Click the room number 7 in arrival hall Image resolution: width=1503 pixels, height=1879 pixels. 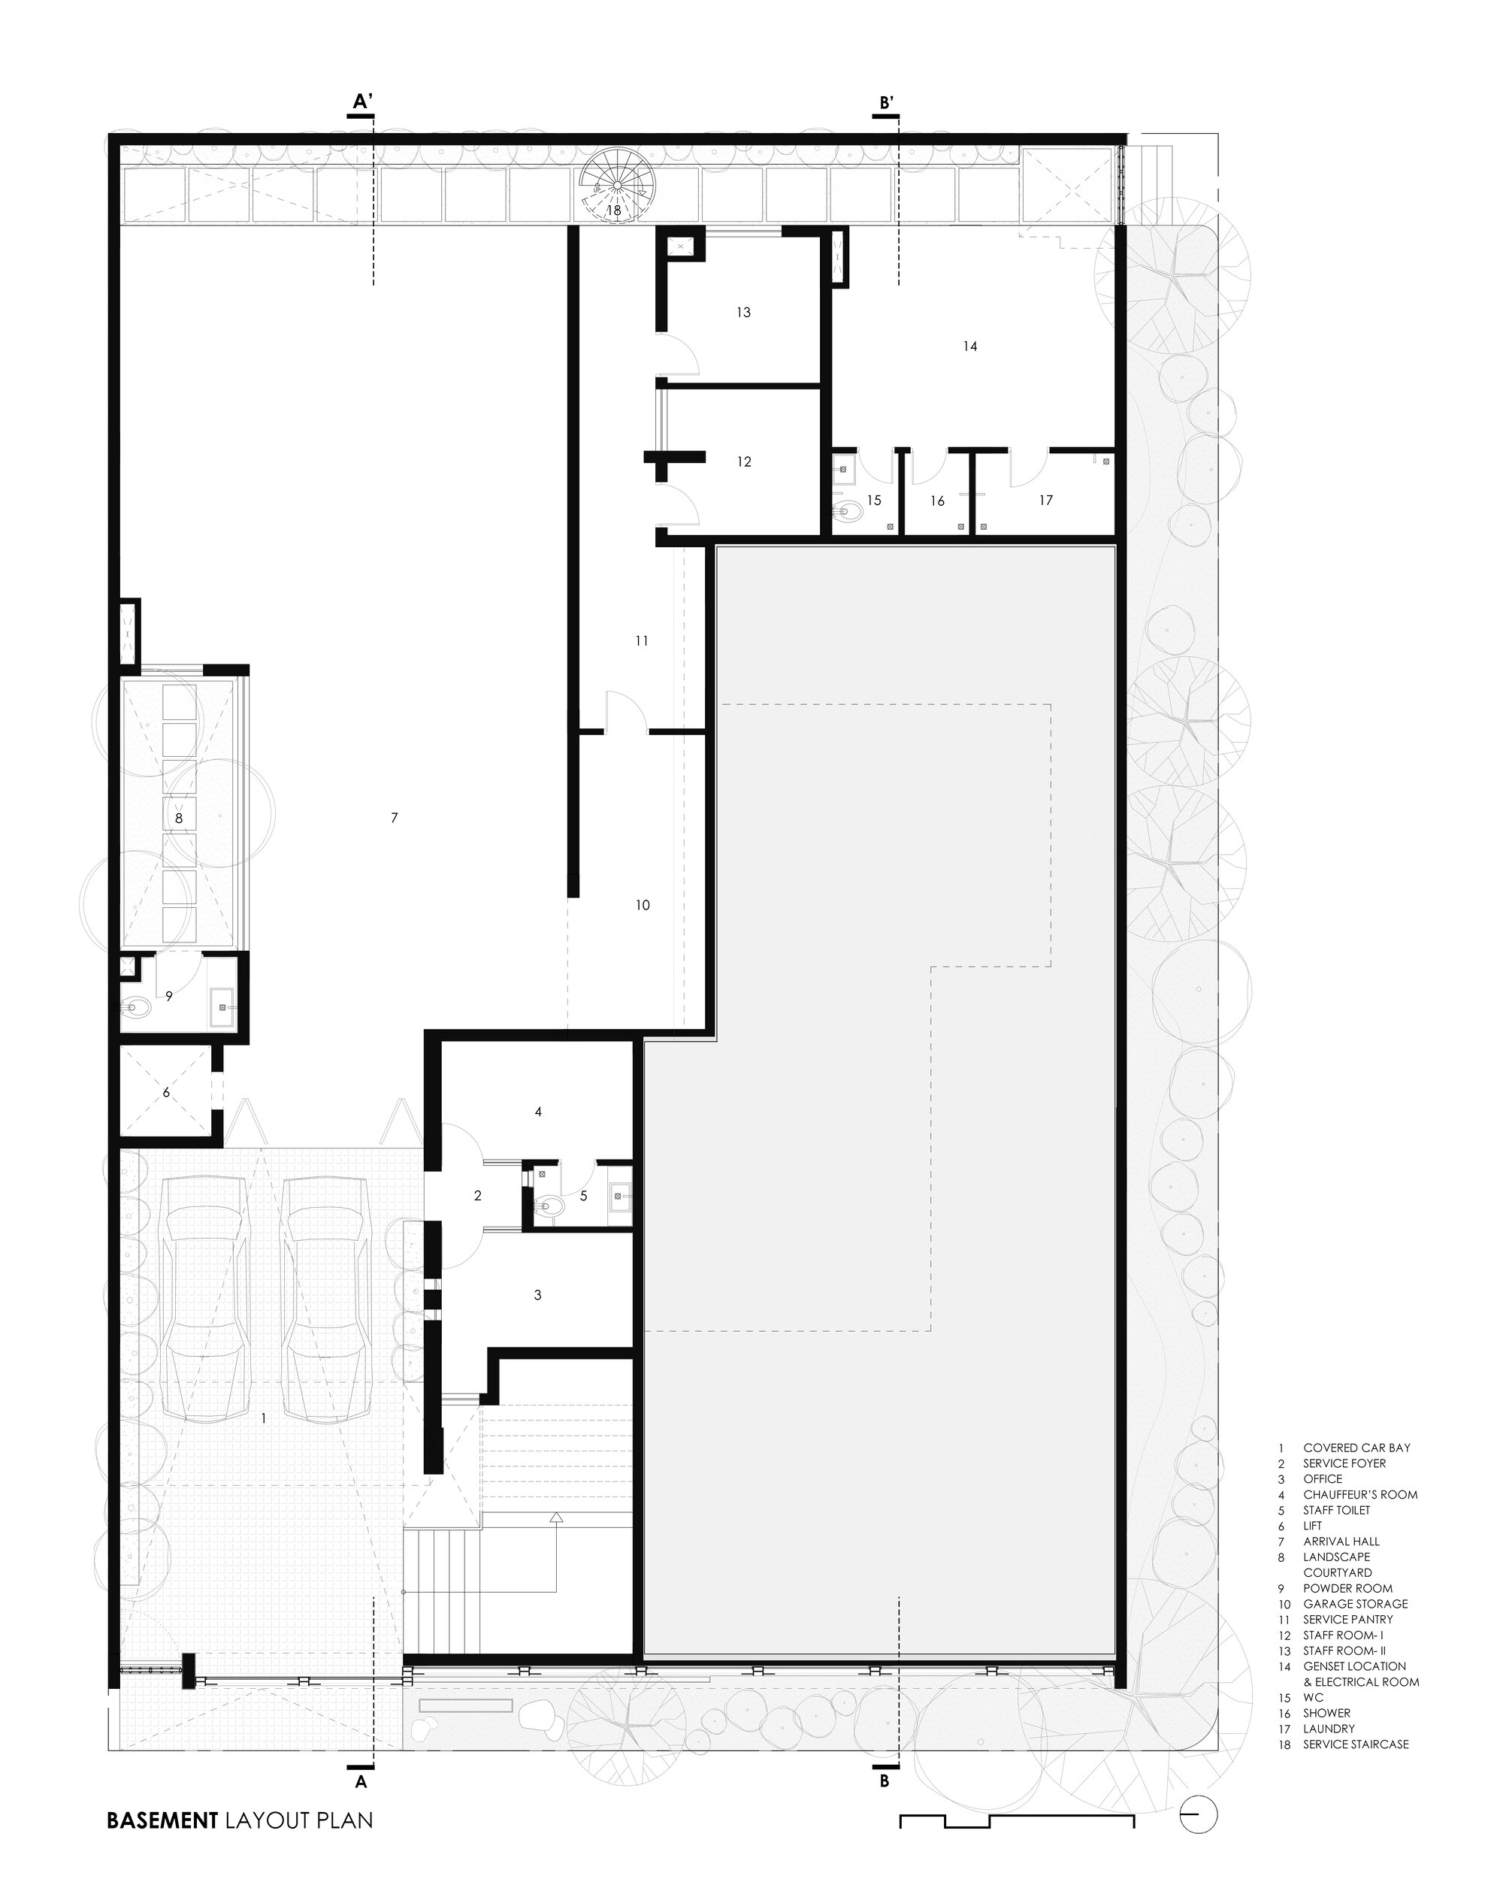395,818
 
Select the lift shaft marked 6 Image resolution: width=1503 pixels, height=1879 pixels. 166,1093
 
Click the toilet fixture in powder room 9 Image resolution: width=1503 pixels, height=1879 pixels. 138,1009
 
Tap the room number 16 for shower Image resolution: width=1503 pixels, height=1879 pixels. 938,501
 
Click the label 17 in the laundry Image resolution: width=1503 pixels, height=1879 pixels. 1045,501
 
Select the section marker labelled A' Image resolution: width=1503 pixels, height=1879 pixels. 362,103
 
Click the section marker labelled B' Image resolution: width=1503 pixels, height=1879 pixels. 886,103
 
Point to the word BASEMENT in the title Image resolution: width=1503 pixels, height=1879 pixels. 161,1820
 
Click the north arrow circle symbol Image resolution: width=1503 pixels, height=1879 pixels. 1199,1817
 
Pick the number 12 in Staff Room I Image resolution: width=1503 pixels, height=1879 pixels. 744,462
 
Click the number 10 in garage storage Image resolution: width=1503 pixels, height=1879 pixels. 642,906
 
